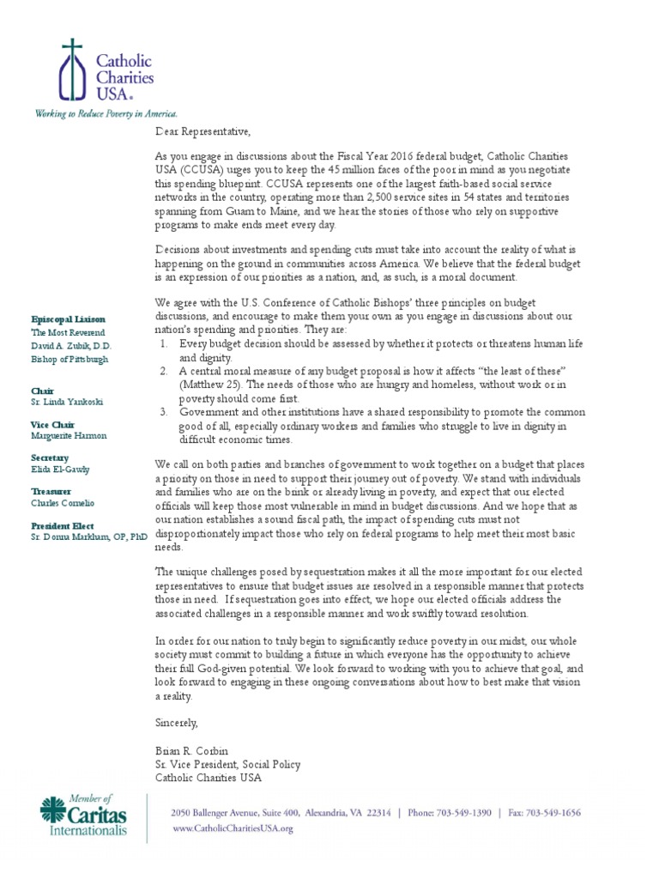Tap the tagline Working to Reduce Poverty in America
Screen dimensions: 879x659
click(106, 113)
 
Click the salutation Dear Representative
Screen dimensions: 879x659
click(203, 131)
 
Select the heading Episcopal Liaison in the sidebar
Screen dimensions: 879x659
click(67, 318)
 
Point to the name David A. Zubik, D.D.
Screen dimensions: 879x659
click(70, 345)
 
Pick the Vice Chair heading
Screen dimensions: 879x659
click(54, 424)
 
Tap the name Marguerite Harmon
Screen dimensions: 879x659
click(70, 436)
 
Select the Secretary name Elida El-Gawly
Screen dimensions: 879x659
click(61, 470)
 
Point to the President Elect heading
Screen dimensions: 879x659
click(63, 524)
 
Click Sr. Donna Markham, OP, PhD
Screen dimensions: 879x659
click(84, 536)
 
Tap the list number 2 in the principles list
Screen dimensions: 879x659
click(163, 371)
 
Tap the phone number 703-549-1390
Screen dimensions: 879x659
click(463, 812)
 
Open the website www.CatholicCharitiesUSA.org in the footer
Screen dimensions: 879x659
click(233, 828)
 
